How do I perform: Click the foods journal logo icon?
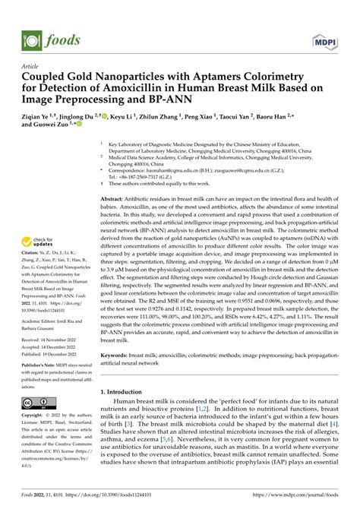(x=31, y=35)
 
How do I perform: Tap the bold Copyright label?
(x=35, y=438)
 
